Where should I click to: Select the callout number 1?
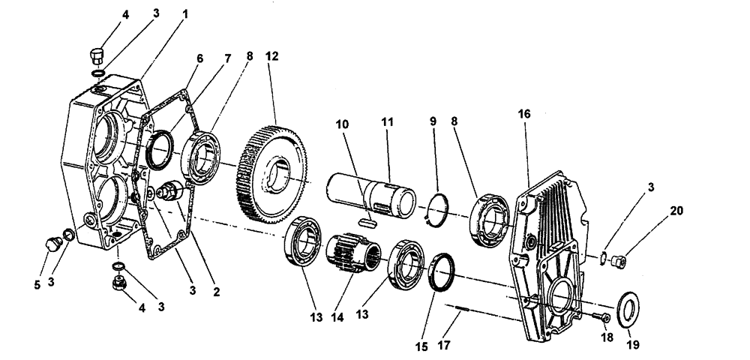(x=185, y=14)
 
